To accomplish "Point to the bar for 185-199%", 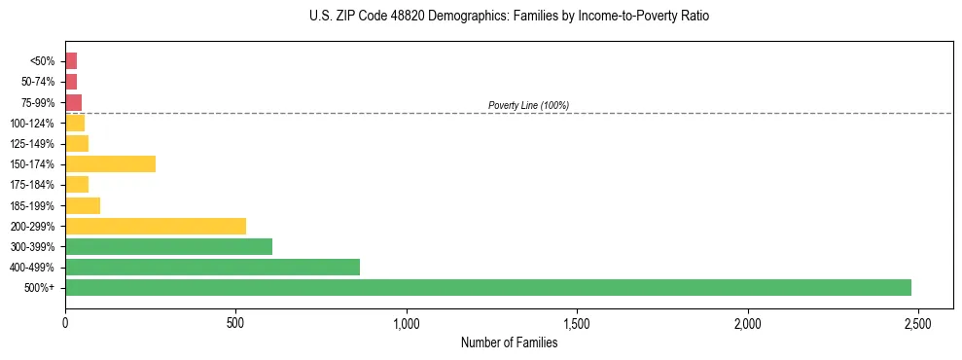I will [83, 205].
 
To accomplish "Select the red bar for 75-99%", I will [73, 102].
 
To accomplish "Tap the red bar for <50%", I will [71, 60].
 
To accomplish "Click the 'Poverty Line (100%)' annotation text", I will [528, 105].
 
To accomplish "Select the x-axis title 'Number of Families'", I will [509, 342].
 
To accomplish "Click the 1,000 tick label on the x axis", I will [407, 322].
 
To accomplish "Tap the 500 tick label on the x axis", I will [235, 322].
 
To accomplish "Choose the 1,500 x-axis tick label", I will [577, 322].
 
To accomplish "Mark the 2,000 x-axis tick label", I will [748, 322].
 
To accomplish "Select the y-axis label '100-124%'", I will [33, 123].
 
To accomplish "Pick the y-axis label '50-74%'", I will [38, 82].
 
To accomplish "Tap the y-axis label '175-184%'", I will [33, 185].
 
